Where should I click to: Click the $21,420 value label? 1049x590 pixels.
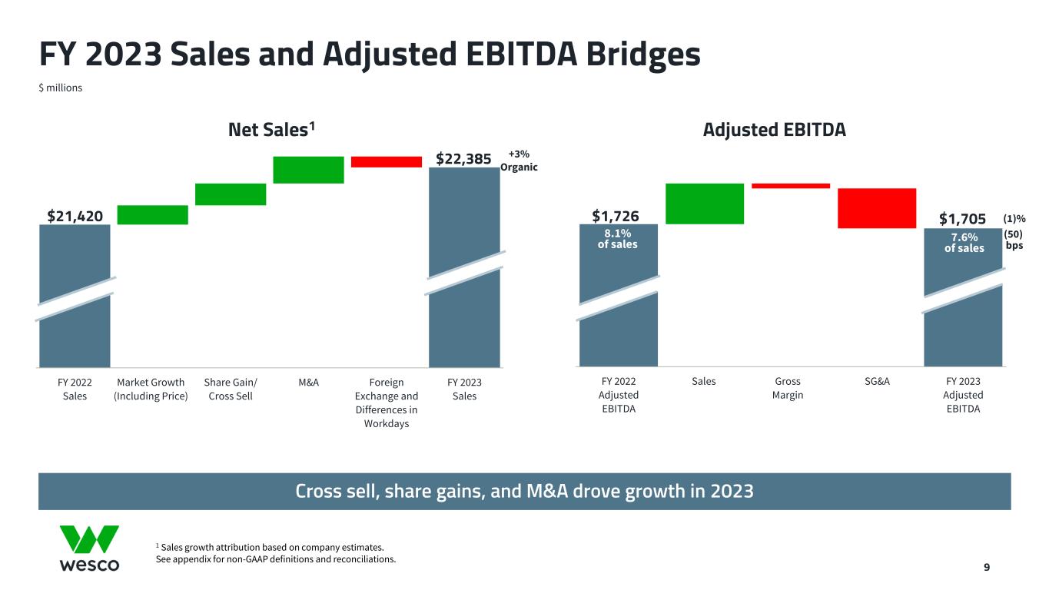pyautogui.click(x=75, y=217)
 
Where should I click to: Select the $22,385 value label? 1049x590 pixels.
pyautogui.click(x=463, y=159)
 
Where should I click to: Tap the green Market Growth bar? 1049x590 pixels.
pyautogui.click(x=152, y=215)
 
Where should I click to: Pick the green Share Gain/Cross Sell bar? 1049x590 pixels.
pyautogui.click(x=231, y=194)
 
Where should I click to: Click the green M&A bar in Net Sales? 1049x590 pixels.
pyautogui.click(x=308, y=170)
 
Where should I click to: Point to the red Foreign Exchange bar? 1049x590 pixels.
pyautogui.click(x=387, y=161)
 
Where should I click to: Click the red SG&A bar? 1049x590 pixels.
pyautogui.click(x=877, y=208)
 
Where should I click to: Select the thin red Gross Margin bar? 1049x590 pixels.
pyautogui.click(x=791, y=185)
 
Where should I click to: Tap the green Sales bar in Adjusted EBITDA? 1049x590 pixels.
pyautogui.click(x=705, y=204)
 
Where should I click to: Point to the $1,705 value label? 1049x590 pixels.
pyautogui.click(x=963, y=221)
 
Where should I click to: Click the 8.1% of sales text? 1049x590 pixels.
pyautogui.click(x=618, y=239)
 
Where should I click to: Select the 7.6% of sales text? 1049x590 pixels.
pyautogui.click(x=964, y=242)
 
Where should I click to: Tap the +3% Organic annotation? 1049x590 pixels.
pyautogui.click(x=519, y=161)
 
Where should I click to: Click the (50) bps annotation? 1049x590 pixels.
pyautogui.click(x=1014, y=240)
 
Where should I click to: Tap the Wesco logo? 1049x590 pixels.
pyautogui.click(x=89, y=549)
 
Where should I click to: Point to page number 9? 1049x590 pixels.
pyautogui.click(x=987, y=568)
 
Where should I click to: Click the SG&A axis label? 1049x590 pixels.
pyautogui.click(x=877, y=381)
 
